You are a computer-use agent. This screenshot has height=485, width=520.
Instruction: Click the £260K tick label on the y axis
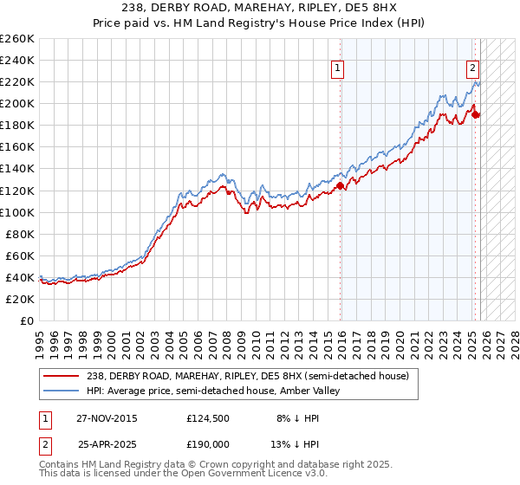click(17, 39)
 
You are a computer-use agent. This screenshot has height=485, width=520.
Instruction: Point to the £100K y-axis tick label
click(17, 212)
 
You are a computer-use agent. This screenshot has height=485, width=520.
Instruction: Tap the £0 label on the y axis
click(28, 320)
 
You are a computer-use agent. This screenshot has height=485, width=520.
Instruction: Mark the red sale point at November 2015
click(341, 185)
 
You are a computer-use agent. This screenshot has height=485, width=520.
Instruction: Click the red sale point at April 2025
click(476, 113)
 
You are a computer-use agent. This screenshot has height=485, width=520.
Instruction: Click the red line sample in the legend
click(62, 375)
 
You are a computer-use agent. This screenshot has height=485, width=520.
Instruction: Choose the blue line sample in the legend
click(62, 391)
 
